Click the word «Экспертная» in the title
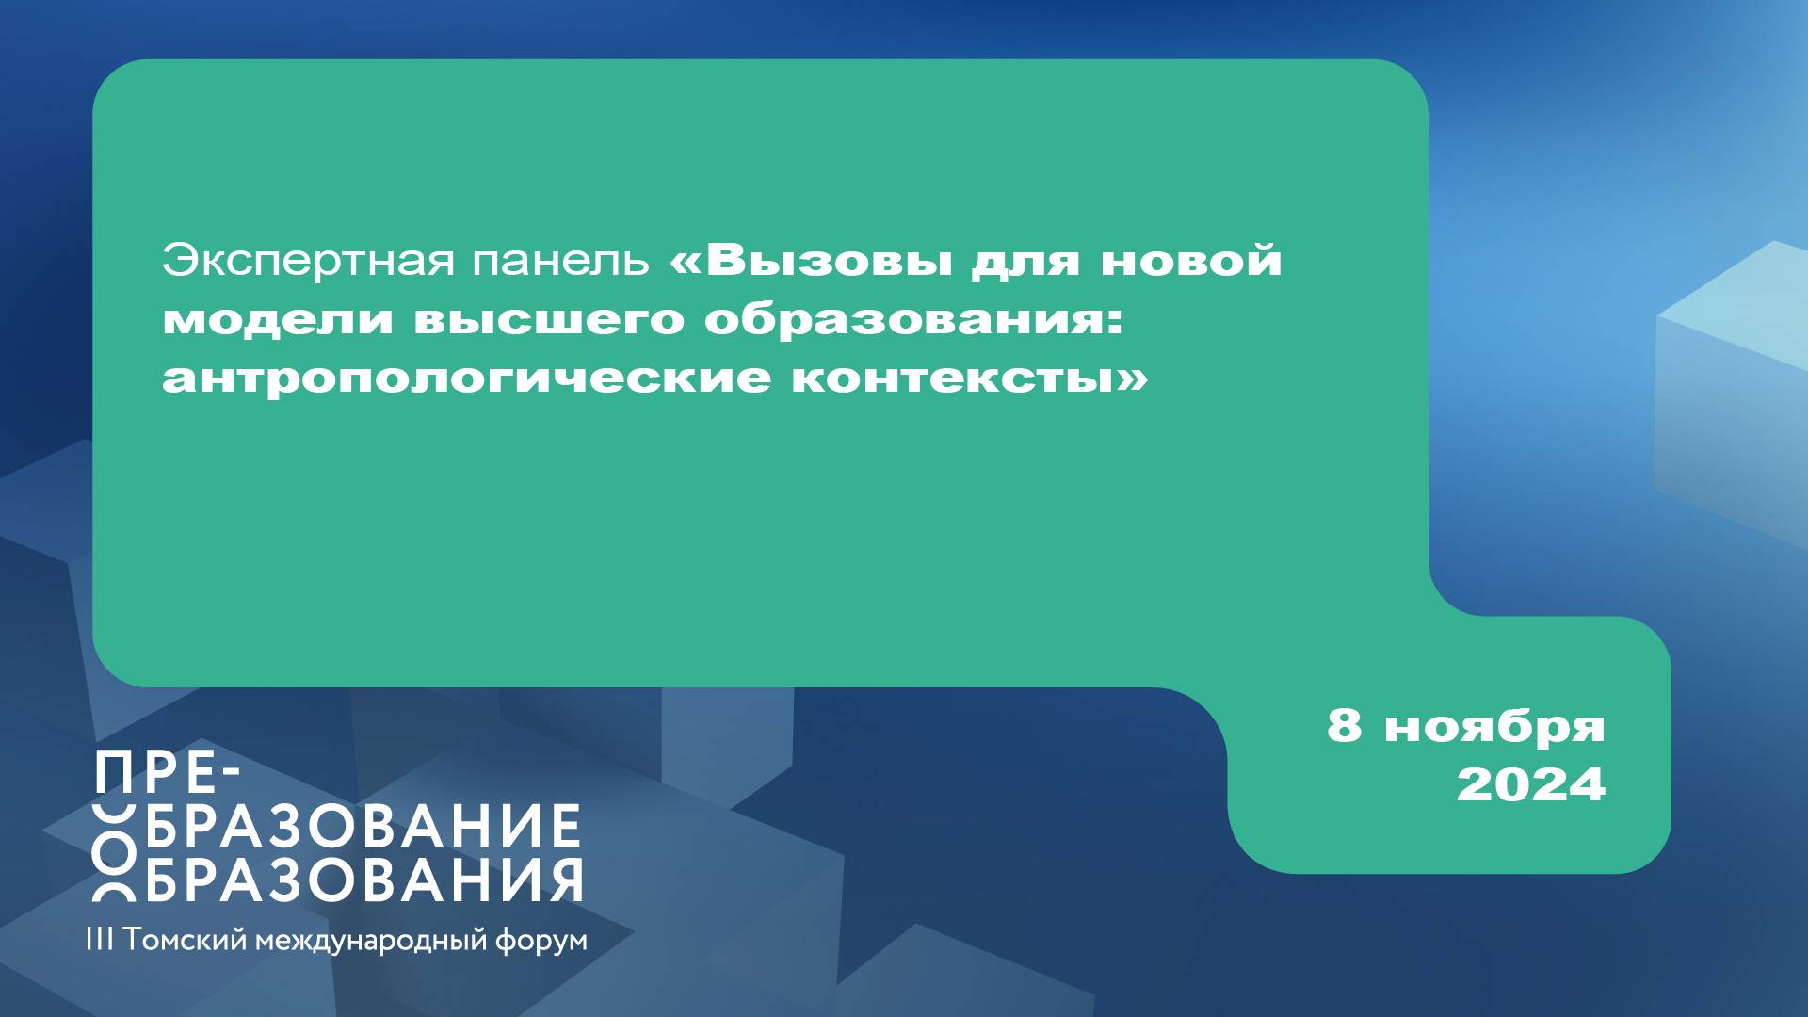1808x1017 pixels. pos(308,261)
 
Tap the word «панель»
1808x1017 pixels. pos(560,261)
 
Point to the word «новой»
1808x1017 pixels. pos(1191,260)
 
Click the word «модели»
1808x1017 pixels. pos(278,319)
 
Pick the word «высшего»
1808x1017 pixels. pos(550,319)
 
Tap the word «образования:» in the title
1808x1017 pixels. pos(913,319)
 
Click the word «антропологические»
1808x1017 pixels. pos(466,378)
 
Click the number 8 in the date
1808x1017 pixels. pos(1344,725)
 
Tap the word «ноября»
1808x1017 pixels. pos(1494,728)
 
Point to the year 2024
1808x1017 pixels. pos(1530,784)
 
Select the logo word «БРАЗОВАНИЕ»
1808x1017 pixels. pos(363,826)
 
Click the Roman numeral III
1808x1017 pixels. pos(99,939)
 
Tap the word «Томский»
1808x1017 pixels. pos(185,940)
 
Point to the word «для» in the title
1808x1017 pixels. pos(1025,261)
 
